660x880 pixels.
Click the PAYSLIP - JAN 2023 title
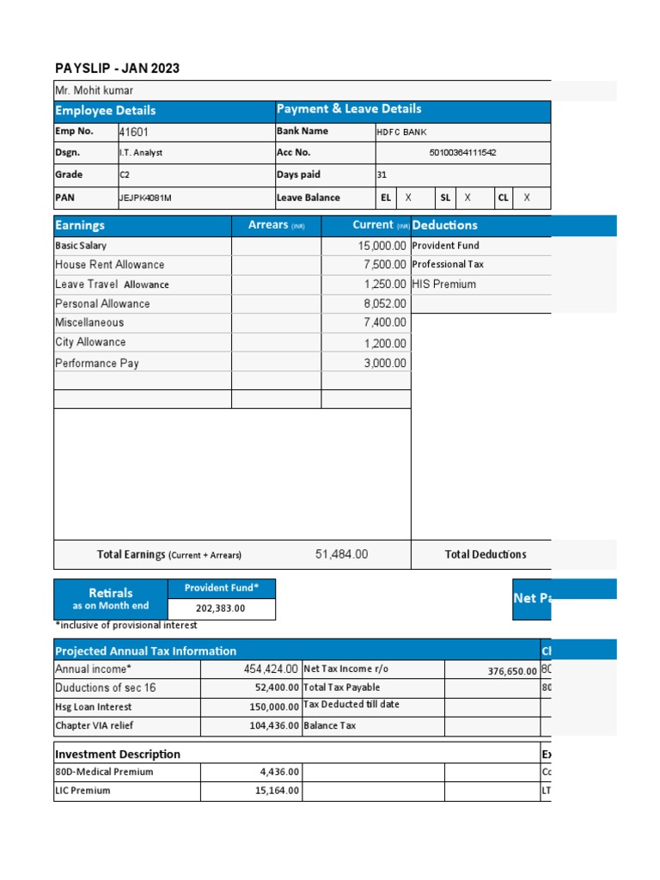pos(117,69)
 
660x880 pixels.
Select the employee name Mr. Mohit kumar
pos(94,90)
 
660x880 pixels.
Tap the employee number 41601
pos(136,132)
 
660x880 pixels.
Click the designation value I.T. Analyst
pos(141,153)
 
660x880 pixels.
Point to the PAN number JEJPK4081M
pos(145,198)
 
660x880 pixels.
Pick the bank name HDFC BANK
pos(401,132)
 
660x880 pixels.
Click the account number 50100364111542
pos(462,153)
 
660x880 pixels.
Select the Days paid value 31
pos(382,174)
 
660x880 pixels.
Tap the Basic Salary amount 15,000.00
pos(382,246)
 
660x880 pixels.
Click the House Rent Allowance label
pos(109,265)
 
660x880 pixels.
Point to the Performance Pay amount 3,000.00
pos(385,364)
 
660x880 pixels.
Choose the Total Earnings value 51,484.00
pos(341,554)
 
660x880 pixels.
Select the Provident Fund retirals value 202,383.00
pos(221,608)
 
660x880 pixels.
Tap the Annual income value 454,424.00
pos(271,669)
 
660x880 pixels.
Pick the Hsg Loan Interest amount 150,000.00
pos(274,706)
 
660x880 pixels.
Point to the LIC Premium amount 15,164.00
pos(276,791)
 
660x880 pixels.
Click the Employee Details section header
pos(106,111)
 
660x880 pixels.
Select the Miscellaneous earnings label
pos(89,323)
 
